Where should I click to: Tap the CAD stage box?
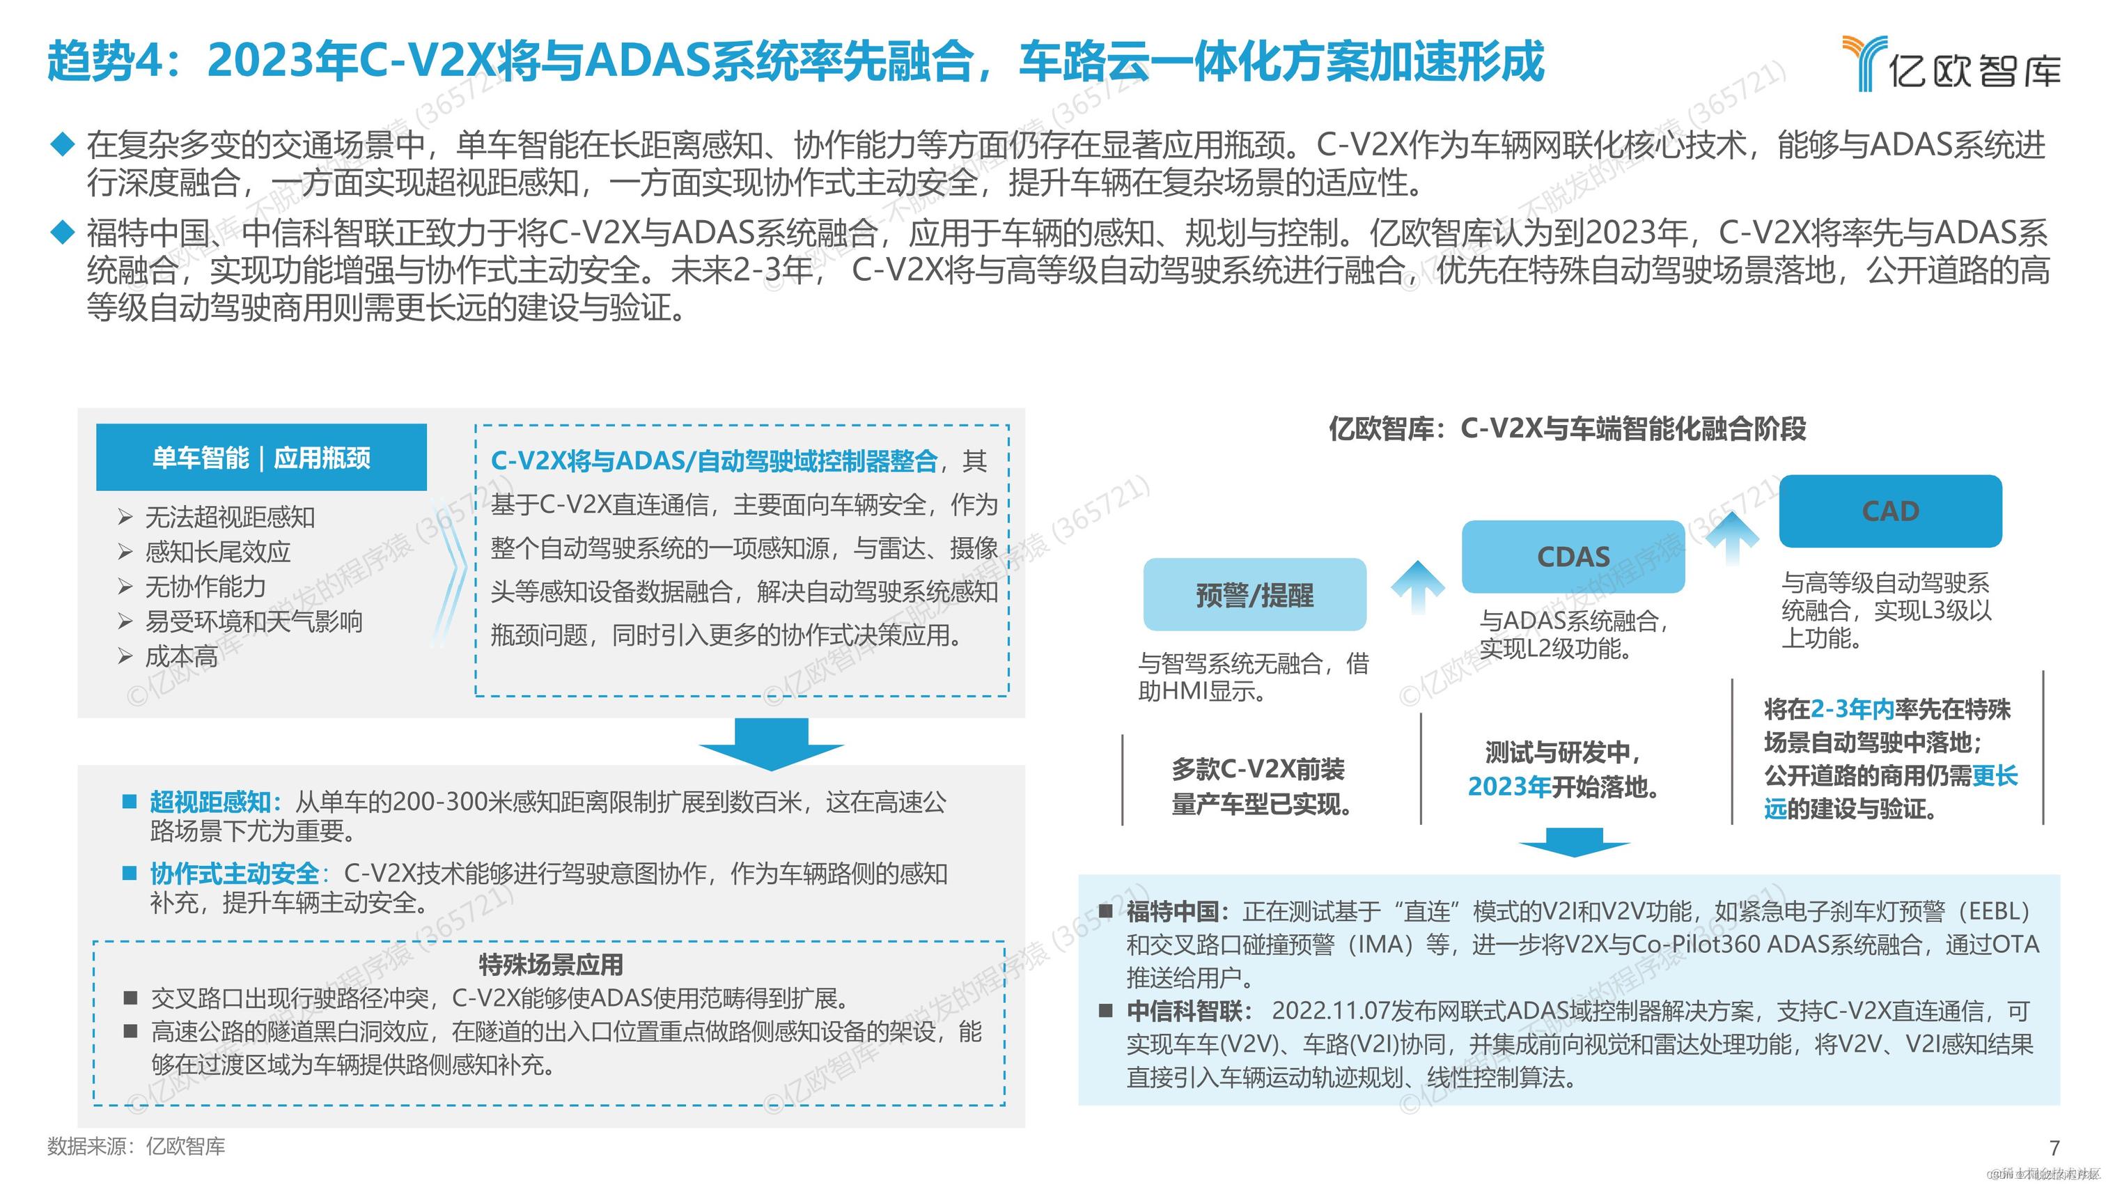click(1890, 511)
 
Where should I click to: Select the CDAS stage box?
click(1573, 557)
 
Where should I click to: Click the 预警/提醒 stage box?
click(1254, 594)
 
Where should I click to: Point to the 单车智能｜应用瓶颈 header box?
click(262, 457)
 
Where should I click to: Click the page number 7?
click(2054, 1147)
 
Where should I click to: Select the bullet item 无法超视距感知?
click(230, 517)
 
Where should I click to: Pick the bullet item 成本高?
click(182, 656)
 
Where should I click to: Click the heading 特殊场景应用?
click(550, 965)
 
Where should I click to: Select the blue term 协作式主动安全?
click(235, 874)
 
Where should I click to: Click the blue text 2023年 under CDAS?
click(1508, 787)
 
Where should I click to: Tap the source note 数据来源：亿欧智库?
click(136, 1147)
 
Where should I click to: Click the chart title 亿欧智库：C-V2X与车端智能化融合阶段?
click(1567, 428)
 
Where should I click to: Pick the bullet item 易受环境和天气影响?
click(253, 621)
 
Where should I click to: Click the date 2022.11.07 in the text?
click(1330, 1011)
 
